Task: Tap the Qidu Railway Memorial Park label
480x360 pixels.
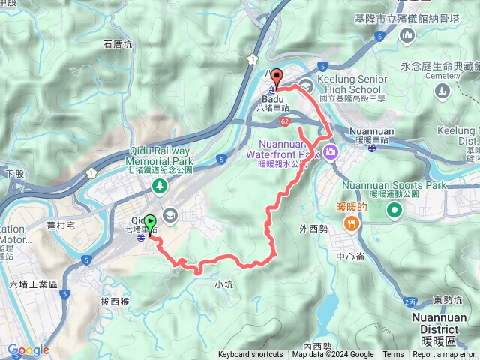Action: click(157, 155)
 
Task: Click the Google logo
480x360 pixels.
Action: click(28, 349)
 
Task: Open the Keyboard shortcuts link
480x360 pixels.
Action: click(250, 355)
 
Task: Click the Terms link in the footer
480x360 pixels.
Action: click(393, 355)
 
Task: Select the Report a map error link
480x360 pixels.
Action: click(444, 355)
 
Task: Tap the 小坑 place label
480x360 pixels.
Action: click(223, 284)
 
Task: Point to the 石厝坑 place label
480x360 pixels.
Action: click(118, 45)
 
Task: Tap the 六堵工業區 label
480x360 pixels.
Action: click(29, 284)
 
